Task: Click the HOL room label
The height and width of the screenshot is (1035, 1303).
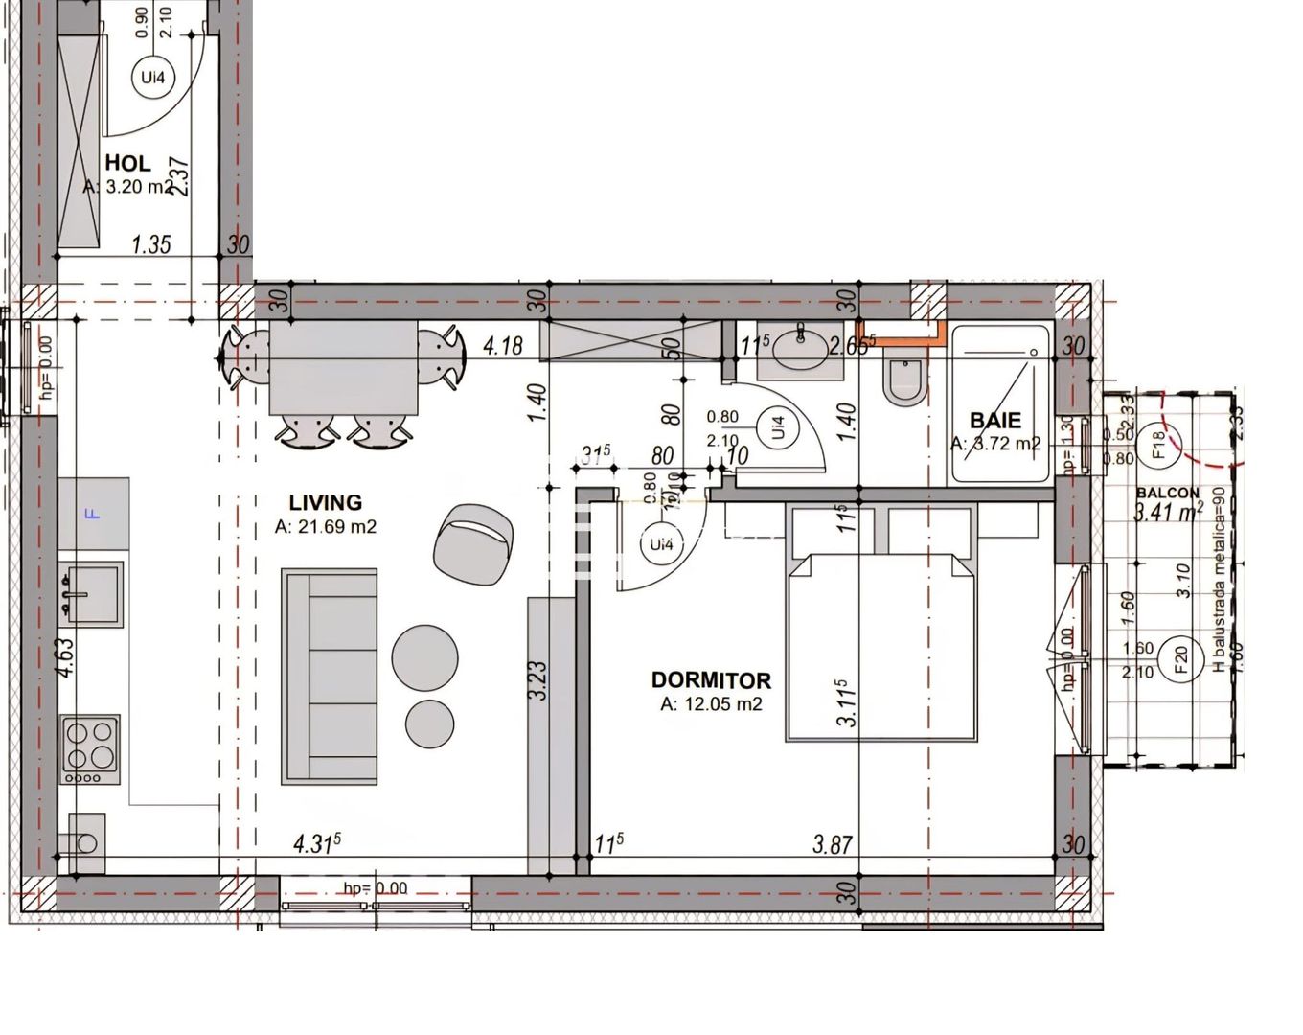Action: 127,164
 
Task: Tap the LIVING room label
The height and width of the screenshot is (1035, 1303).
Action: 325,502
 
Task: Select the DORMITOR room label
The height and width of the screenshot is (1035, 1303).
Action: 711,680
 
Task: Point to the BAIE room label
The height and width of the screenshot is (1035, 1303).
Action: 995,420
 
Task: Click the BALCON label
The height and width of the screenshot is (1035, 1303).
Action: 1167,493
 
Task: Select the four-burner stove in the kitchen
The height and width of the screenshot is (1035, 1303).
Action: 90,747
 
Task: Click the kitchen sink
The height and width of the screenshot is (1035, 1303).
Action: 92,593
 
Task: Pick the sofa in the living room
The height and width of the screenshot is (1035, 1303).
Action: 329,676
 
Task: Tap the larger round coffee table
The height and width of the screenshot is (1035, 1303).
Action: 424,657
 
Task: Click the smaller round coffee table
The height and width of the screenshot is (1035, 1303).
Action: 429,724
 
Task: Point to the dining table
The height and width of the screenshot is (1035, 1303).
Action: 343,369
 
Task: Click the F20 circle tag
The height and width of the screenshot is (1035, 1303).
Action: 1179,658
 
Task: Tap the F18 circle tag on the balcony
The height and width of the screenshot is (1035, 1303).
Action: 1156,443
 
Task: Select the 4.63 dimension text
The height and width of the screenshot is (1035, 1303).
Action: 65,658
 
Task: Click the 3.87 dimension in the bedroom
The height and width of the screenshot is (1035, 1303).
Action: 832,844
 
